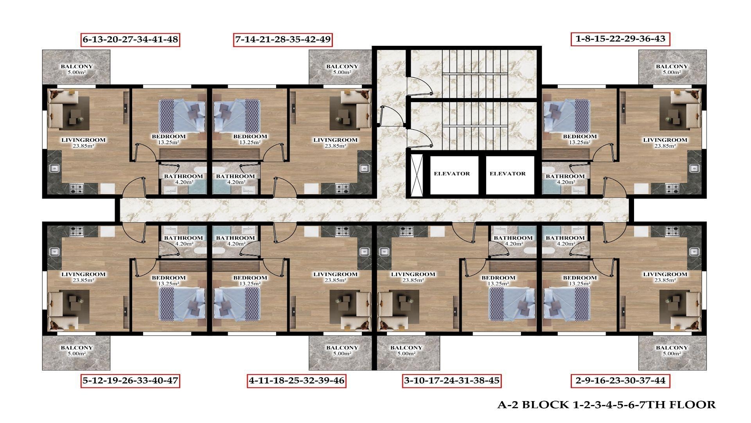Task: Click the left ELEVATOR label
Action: click(x=452, y=174)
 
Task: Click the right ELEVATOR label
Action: click(x=507, y=174)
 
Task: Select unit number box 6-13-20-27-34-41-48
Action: click(x=130, y=40)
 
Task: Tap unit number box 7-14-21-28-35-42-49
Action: click(x=283, y=40)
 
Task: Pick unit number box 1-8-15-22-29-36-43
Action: click(x=620, y=39)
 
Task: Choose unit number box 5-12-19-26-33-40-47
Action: click(x=130, y=380)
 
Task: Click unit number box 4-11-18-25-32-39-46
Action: click(x=297, y=380)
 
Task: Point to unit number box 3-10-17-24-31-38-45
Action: click(x=451, y=380)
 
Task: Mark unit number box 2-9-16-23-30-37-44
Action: click(x=620, y=380)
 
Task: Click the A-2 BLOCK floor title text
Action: click(x=606, y=405)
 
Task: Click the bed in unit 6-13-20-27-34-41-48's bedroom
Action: click(x=182, y=115)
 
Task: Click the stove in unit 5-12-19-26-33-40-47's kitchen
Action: click(x=77, y=231)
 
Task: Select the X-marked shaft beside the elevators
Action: click(x=417, y=175)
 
